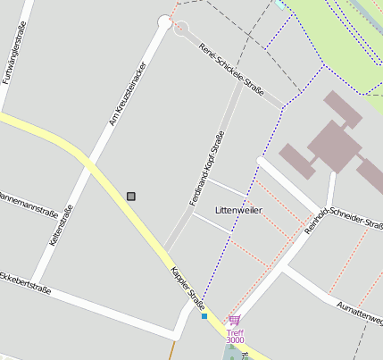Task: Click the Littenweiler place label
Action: click(238, 210)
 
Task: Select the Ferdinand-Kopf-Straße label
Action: click(206, 169)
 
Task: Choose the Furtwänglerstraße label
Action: click(13, 54)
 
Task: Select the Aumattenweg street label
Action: click(360, 312)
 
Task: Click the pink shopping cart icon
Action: click(234, 320)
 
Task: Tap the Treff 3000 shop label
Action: click(235, 336)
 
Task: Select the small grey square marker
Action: click(131, 196)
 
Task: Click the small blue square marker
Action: click(204, 315)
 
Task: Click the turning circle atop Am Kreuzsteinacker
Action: click(164, 21)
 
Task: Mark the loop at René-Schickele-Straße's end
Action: click(181, 28)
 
